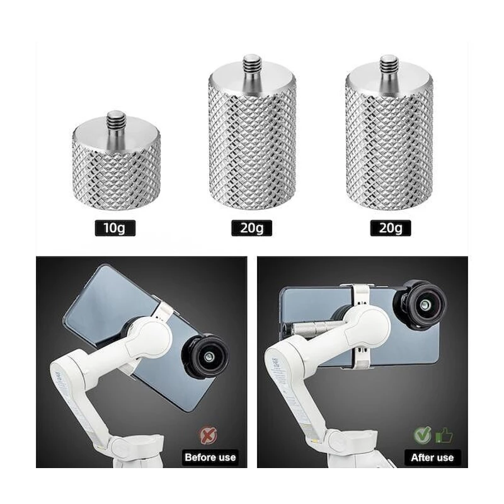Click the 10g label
[x=115, y=228]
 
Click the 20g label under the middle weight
[x=251, y=228]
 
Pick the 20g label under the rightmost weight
[x=391, y=228]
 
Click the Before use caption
[x=210, y=457]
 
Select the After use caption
[x=432, y=457]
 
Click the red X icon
[x=209, y=435]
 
